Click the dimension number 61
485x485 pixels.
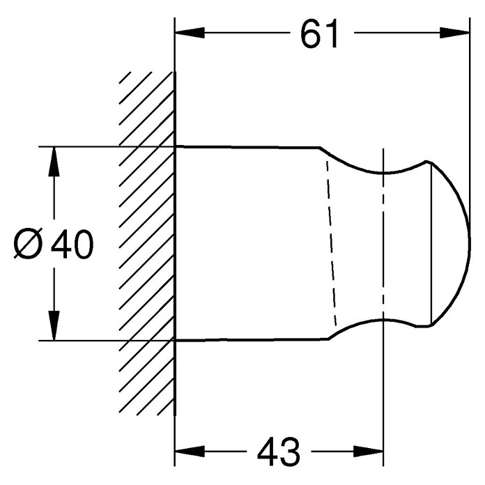click(x=319, y=33)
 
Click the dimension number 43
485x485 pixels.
click(x=278, y=452)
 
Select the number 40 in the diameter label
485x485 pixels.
click(x=72, y=244)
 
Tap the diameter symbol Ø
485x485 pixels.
click(x=28, y=243)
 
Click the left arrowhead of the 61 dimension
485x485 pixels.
click(x=190, y=33)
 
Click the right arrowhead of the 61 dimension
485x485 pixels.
click(x=454, y=33)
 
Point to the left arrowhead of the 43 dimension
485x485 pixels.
click(x=190, y=452)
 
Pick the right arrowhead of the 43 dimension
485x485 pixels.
click(x=369, y=452)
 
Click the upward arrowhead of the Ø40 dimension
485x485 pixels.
click(x=54, y=162)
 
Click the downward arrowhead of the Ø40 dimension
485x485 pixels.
click(x=54, y=325)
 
